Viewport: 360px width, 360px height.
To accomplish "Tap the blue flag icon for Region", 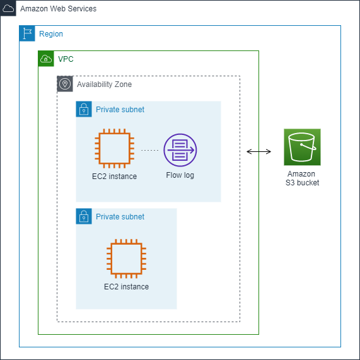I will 28,34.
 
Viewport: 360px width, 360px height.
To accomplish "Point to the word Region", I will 51,34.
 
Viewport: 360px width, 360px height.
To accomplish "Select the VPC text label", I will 66,59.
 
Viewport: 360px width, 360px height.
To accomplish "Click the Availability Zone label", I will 104,84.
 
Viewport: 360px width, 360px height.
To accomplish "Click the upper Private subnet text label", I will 120,110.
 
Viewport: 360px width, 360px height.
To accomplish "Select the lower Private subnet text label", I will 120,217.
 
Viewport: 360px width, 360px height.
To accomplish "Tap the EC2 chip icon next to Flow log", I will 114,149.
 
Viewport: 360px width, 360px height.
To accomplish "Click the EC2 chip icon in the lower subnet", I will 127,258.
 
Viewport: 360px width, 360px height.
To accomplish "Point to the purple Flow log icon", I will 180,150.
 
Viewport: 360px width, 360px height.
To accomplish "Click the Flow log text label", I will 180,175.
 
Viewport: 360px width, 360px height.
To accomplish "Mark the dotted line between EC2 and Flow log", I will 149,151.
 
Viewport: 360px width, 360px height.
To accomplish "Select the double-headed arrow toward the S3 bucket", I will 258,151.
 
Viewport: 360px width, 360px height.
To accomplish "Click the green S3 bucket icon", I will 302,147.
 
